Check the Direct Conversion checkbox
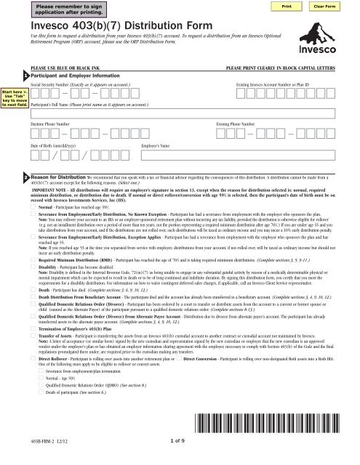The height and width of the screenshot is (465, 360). point(180,399)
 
